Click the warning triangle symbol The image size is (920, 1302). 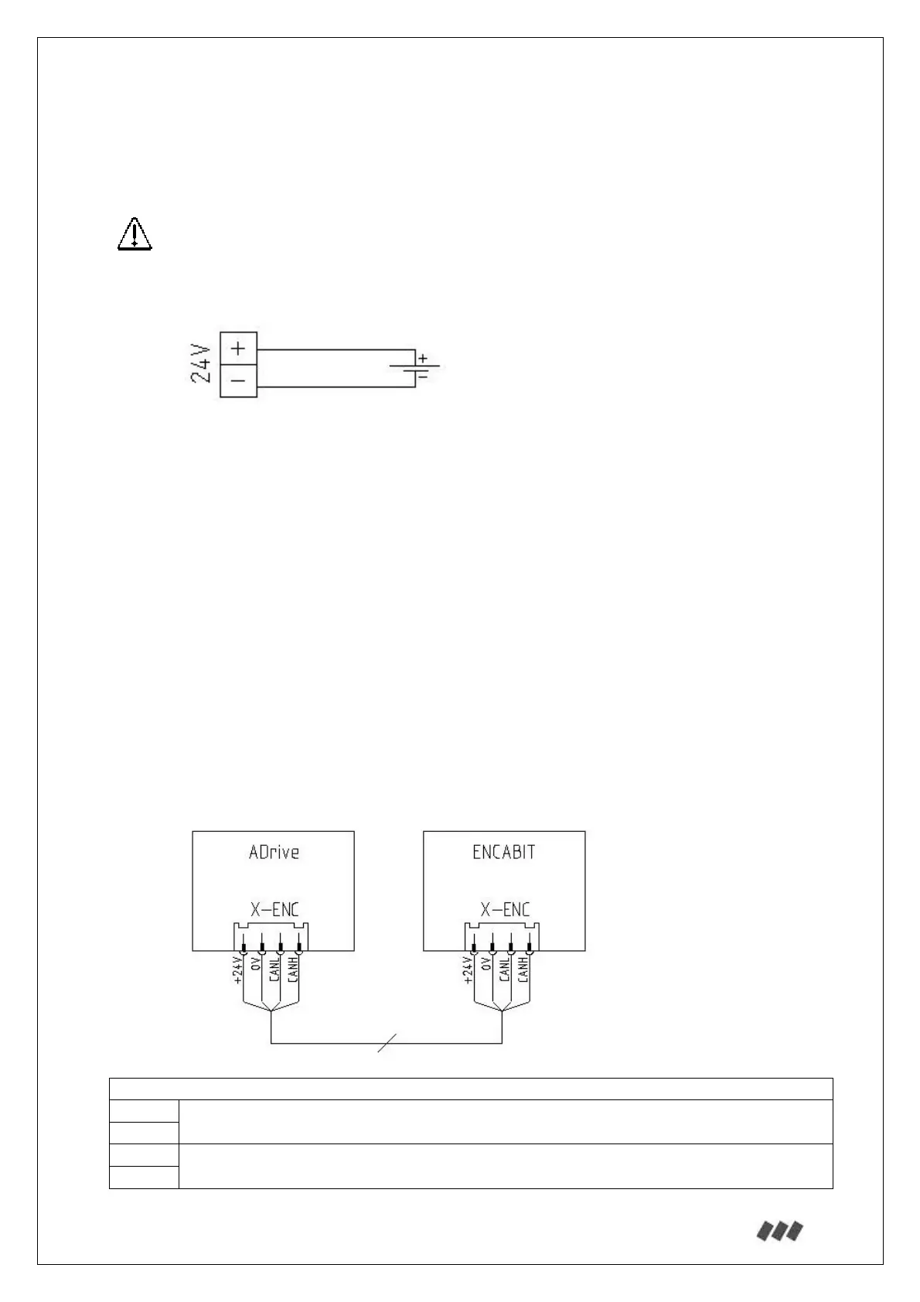pyautogui.click(x=135, y=234)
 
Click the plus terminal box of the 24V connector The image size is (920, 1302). pyautogui.click(x=238, y=348)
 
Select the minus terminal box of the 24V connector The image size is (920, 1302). pyautogui.click(x=238, y=380)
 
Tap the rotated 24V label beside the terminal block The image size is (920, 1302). pyautogui.click(x=201, y=364)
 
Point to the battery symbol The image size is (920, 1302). pyautogui.click(x=417, y=367)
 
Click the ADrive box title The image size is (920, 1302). pyautogui.click(x=274, y=852)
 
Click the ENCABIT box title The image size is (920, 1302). pyautogui.click(x=504, y=852)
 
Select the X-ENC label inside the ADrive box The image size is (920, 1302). pyautogui.click(x=274, y=909)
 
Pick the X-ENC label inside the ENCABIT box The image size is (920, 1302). pyautogui.click(x=505, y=909)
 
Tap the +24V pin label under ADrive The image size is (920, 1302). pyautogui.click(x=238, y=971)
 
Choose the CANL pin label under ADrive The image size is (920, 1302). pyautogui.click(x=274, y=969)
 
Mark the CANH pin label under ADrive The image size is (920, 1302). pyautogui.click(x=292, y=969)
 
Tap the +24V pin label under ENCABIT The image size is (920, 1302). pyautogui.click(x=467, y=971)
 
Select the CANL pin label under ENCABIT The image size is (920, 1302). pyautogui.click(x=504, y=969)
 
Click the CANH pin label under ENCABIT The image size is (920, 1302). pyautogui.click(x=523, y=969)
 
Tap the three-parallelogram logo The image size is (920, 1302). pyautogui.click(x=779, y=1231)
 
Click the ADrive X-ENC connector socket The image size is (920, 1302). pyautogui.click(x=271, y=937)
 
